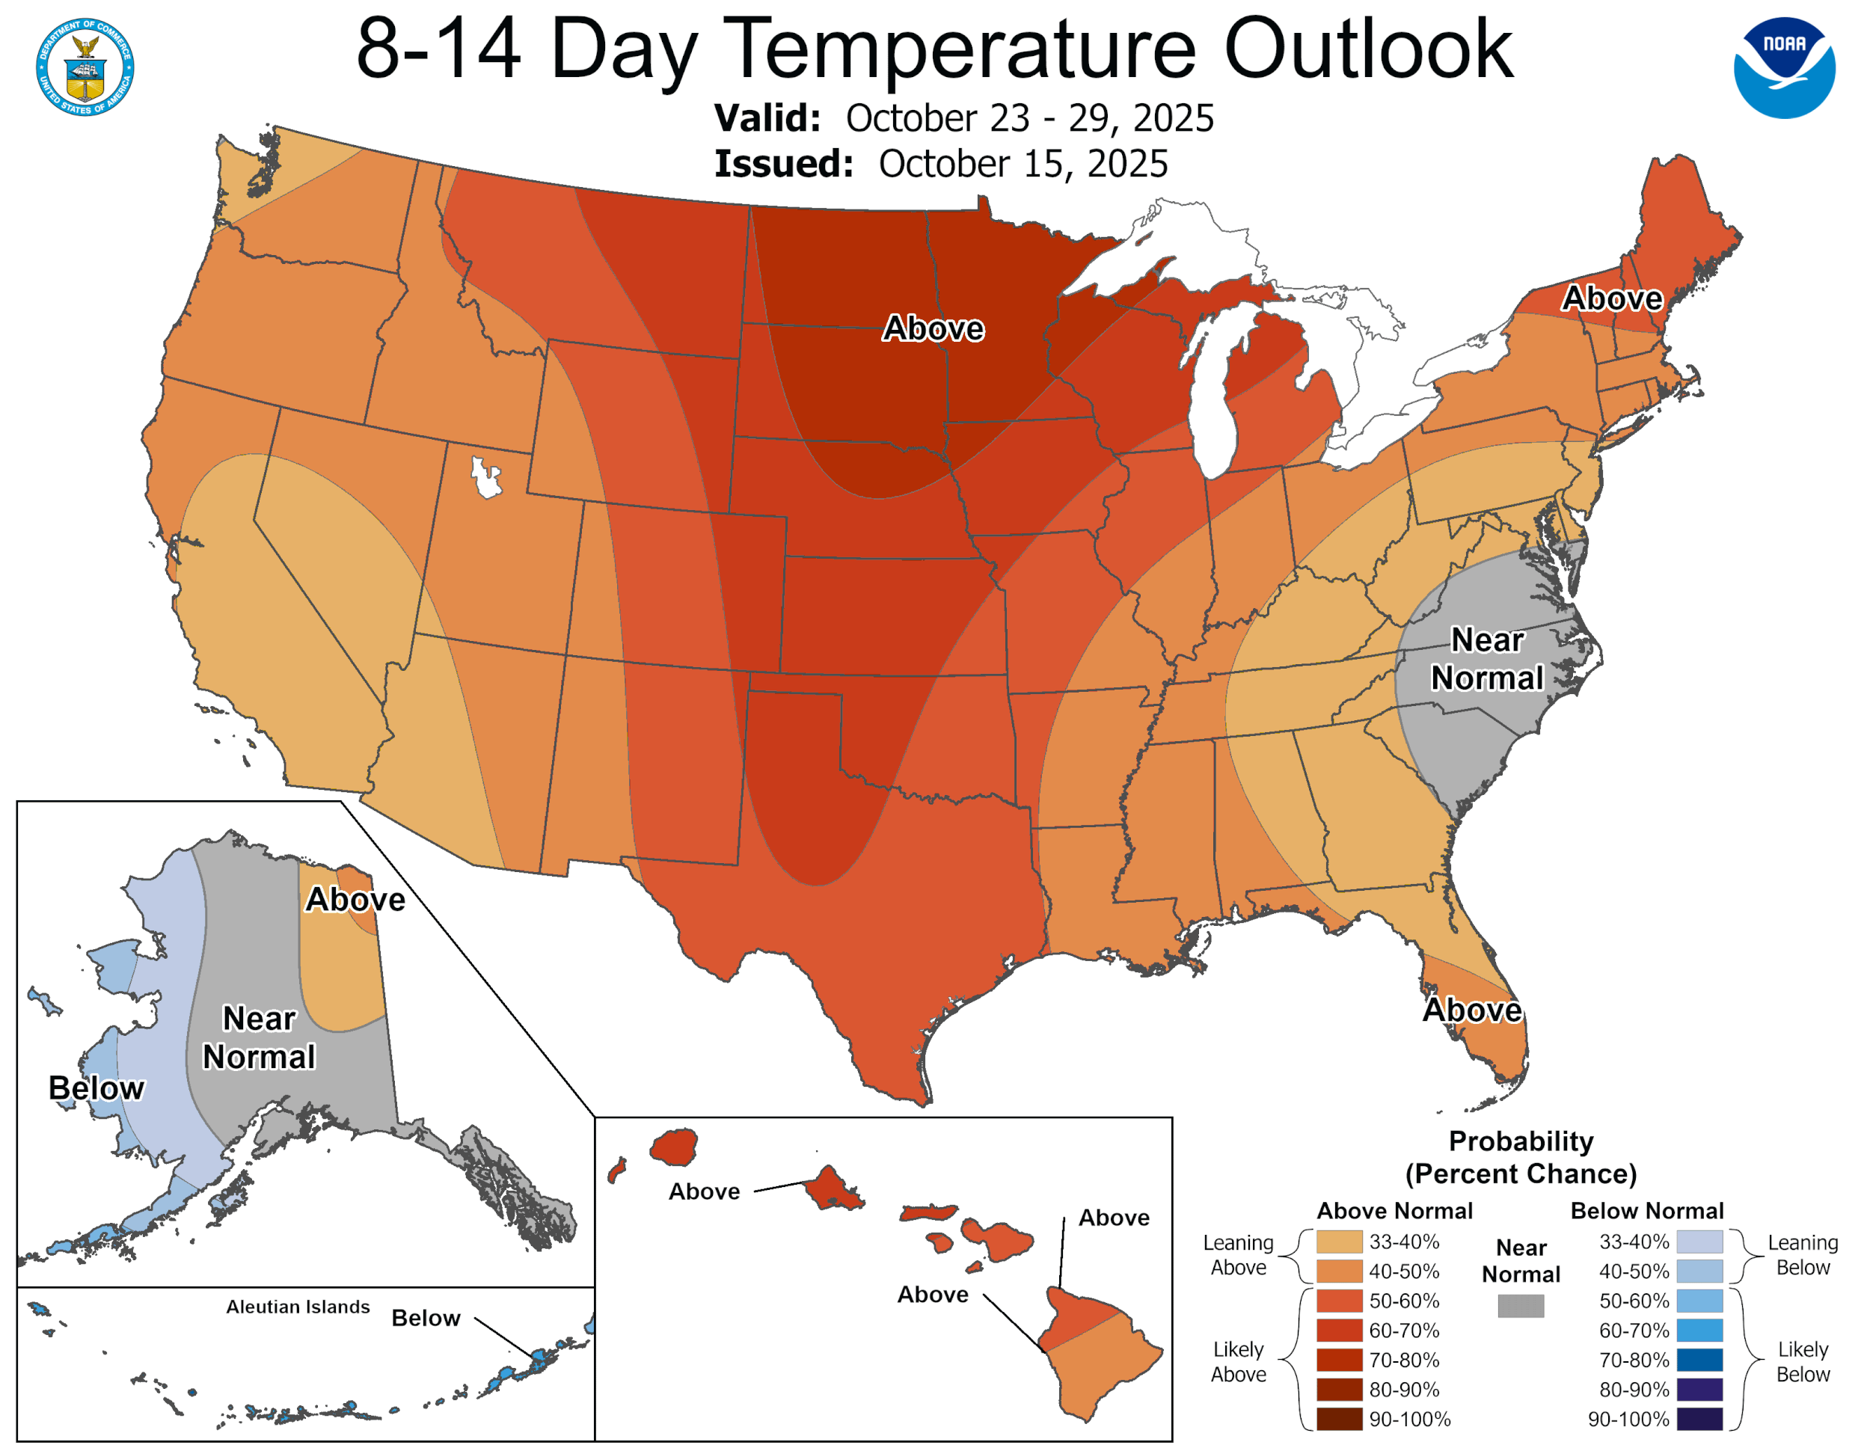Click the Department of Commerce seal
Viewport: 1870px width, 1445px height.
[x=85, y=67]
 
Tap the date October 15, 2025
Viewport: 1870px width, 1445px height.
[x=1023, y=164]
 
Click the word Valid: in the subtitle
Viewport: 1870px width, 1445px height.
[x=767, y=118]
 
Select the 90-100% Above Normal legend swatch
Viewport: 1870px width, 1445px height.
[x=1339, y=1419]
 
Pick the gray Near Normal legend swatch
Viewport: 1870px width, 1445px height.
[x=1521, y=1305]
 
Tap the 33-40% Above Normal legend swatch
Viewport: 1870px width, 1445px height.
[x=1339, y=1242]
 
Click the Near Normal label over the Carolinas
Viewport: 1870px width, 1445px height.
[x=1487, y=658]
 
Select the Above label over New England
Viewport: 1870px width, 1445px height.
[x=1612, y=298]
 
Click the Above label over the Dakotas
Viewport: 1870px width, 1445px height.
[x=934, y=328]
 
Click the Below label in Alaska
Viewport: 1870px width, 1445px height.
[x=96, y=1088]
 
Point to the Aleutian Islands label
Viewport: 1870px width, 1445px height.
[x=298, y=1307]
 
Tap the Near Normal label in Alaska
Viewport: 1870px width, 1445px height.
[x=259, y=1037]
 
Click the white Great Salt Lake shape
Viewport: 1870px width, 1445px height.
[x=486, y=477]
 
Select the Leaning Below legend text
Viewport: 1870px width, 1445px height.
[x=1803, y=1254]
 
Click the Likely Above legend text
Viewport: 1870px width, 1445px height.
[x=1238, y=1361]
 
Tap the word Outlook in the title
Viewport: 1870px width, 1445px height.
[x=1368, y=49]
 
